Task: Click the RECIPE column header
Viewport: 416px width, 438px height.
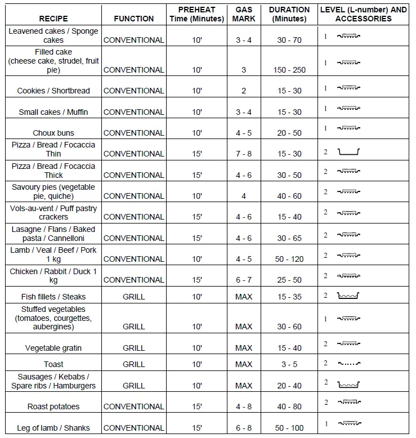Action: [53, 19]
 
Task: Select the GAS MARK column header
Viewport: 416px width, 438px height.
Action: [244, 14]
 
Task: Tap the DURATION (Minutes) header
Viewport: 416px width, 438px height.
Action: [289, 14]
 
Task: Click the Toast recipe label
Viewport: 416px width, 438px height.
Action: [53, 364]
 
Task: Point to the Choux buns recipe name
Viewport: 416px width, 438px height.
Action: [53, 133]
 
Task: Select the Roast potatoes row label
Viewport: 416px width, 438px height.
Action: [53, 406]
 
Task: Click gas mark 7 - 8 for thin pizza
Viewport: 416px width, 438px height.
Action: [244, 154]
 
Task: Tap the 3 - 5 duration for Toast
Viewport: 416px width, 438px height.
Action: [289, 364]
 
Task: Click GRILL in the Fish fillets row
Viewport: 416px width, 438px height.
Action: [133, 297]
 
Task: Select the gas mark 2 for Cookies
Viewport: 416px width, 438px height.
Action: [244, 91]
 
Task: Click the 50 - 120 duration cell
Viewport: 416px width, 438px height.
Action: [289, 259]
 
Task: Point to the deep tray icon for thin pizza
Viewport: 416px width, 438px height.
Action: [348, 152]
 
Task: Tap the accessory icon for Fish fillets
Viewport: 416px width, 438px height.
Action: [348, 296]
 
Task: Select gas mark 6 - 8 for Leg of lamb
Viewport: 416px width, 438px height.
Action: [244, 428]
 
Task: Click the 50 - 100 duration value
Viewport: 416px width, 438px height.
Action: [289, 428]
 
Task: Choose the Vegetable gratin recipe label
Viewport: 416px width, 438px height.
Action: [53, 348]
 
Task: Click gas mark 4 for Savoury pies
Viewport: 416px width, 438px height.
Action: [244, 196]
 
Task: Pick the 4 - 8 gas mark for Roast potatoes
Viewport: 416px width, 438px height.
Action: [244, 406]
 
